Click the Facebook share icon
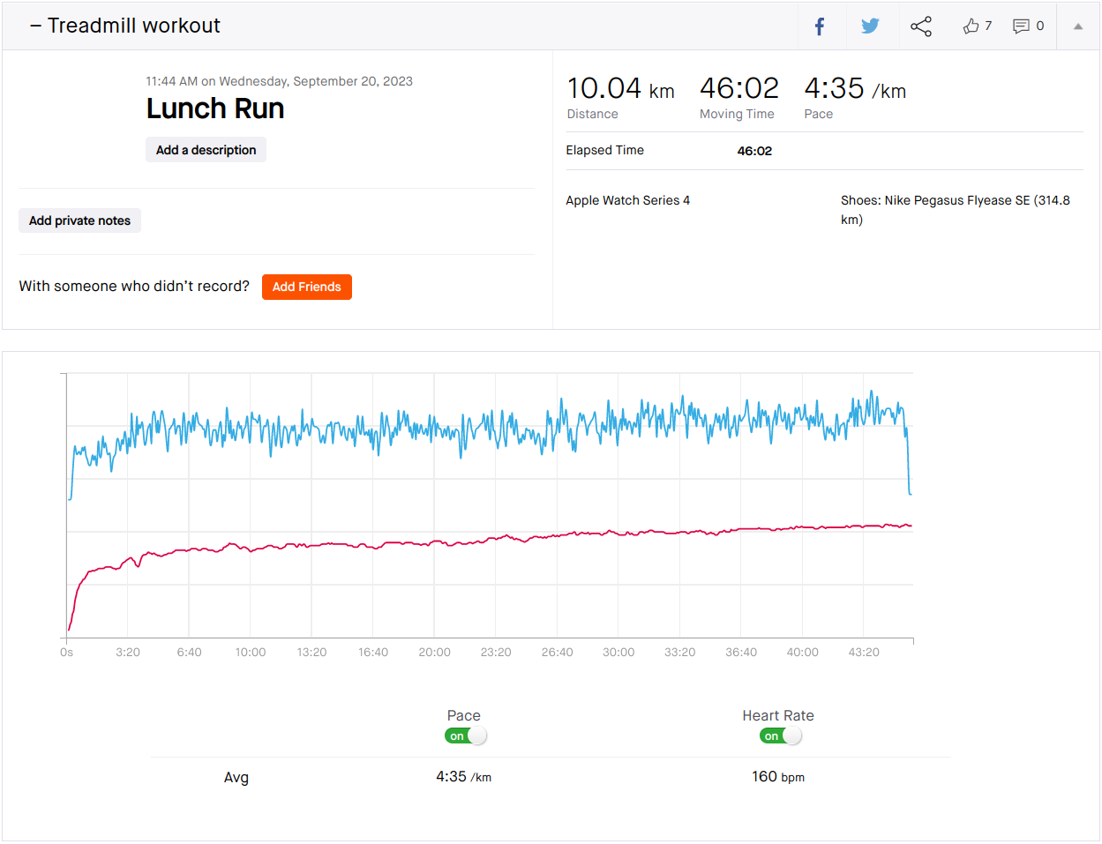tap(820, 26)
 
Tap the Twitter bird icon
tap(870, 26)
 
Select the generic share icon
tap(921, 26)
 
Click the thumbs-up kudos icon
tap(971, 26)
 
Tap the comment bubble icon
tap(1021, 26)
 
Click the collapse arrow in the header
tap(1078, 26)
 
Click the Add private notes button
tap(79, 220)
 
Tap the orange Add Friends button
tap(307, 287)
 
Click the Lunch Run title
tap(215, 108)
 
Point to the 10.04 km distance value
tap(620, 89)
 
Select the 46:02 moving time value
tap(738, 89)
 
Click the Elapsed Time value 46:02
tap(754, 151)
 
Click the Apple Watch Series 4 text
tap(628, 201)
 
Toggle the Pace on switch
tap(466, 736)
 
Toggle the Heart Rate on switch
tap(781, 736)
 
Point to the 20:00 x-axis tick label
tap(434, 653)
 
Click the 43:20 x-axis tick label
tap(864, 653)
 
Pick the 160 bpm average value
tap(778, 777)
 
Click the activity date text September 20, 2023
tap(353, 82)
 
